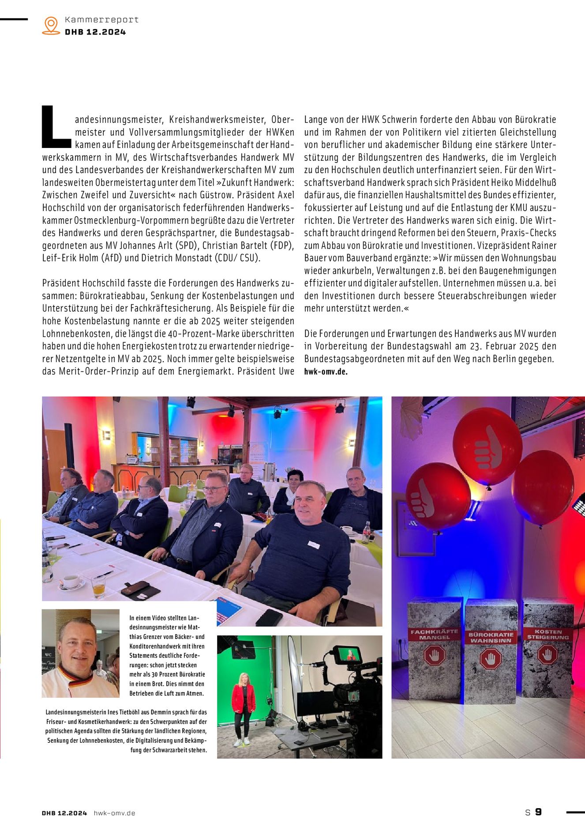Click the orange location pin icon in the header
point(51,26)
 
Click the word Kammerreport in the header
point(101,19)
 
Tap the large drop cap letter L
point(56,127)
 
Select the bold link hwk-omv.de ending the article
point(326,371)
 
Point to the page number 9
point(538,812)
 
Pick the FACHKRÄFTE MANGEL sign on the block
point(434,635)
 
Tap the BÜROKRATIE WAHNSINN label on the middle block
point(491,637)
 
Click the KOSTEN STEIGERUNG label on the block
point(547,634)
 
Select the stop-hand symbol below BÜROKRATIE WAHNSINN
point(491,659)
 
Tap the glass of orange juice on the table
point(98,587)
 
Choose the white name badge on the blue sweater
point(313,544)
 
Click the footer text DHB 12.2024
point(64,813)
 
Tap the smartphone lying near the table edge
point(269,617)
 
